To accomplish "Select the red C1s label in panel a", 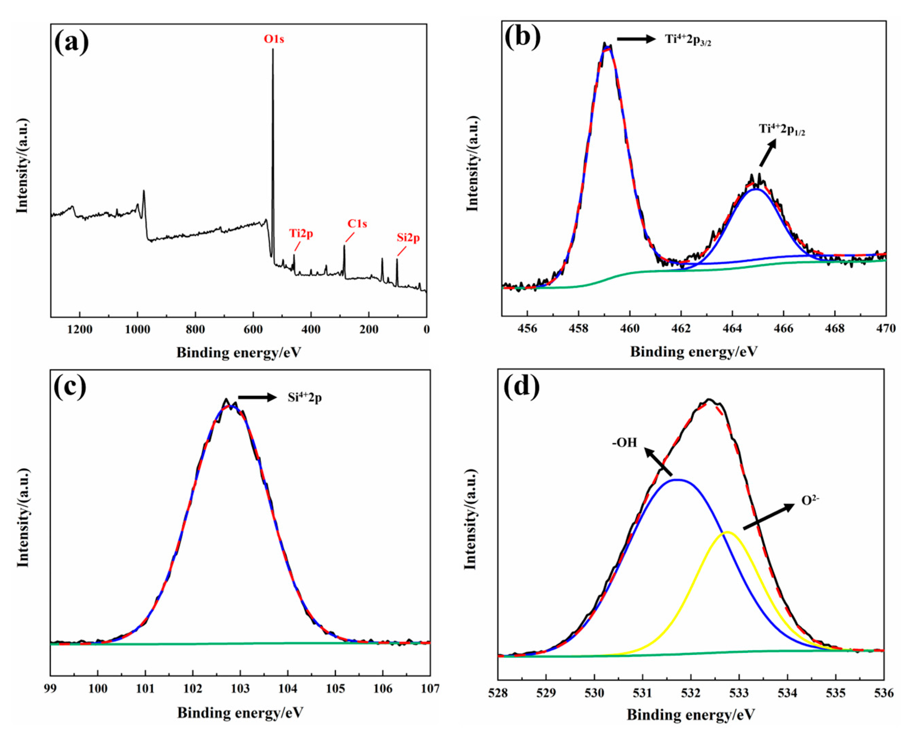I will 357,224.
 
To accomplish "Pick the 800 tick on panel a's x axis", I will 195,330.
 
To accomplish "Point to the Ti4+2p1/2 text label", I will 781,129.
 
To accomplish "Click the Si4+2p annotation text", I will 304,398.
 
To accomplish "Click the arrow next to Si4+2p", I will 257,398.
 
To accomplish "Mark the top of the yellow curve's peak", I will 727,532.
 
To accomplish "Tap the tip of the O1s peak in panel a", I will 273,49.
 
